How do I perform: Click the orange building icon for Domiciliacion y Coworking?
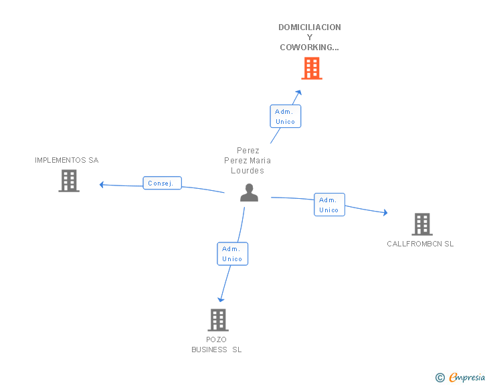[x=311, y=68]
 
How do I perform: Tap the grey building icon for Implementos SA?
[x=69, y=181]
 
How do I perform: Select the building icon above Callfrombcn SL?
[x=421, y=224]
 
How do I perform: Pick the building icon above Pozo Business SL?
[x=218, y=320]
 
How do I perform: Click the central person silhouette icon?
[x=249, y=193]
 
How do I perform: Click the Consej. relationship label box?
[x=162, y=183]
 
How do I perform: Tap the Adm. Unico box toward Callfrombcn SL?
[x=329, y=205]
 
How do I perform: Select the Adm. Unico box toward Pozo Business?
[x=232, y=254]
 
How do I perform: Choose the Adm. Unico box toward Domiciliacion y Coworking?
[x=286, y=117]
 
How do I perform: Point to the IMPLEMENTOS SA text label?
[x=66, y=161]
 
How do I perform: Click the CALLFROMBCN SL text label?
[x=420, y=244]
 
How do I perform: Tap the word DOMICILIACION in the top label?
[x=310, y=27]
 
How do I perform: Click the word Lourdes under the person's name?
[x=248, y=171]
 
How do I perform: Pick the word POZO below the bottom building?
[x=217, y=339]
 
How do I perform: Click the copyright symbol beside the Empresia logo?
[x=440, y=378]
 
